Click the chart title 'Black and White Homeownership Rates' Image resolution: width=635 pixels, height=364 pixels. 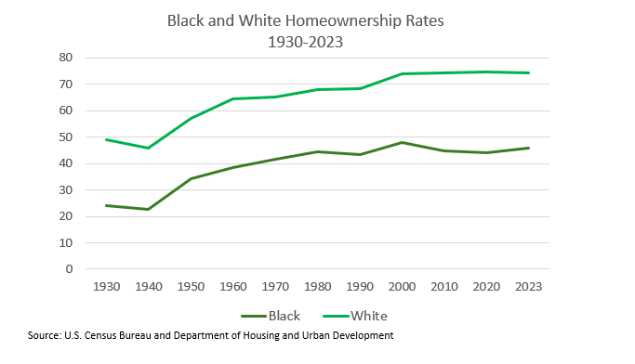tap(305, 21)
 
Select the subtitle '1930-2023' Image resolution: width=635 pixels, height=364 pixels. tap(305, 42)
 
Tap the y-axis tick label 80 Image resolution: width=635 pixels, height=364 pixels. tap(66, 58)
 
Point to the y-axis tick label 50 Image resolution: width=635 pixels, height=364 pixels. tap(66, 137)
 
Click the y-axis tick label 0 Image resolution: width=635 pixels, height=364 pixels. tap(69, 269)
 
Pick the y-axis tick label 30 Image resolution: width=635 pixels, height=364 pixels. tap(66, 190)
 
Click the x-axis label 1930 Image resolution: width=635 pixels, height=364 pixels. tap(107, 287)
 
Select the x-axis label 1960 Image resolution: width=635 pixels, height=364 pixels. tap(233, 287)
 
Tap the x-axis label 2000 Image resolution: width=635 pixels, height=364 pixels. tap(403, 287)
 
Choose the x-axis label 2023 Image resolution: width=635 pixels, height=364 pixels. tap(528, 287)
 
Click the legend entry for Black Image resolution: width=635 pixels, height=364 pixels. tap(271, 316)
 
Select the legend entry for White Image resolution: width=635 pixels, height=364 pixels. tap(355, 316)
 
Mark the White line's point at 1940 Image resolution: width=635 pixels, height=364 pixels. tap(149, 148)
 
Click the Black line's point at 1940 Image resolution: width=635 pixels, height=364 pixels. tap(149, 209)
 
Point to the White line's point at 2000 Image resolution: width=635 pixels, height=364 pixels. tap(403, 73)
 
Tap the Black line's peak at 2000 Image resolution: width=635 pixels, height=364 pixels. tap(403, 142)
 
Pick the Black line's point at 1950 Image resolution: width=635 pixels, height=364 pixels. tap(191, 178)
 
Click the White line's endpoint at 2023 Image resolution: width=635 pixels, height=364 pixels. tap(529, 72)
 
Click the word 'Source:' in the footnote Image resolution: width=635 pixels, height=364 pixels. tap(45, 336)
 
